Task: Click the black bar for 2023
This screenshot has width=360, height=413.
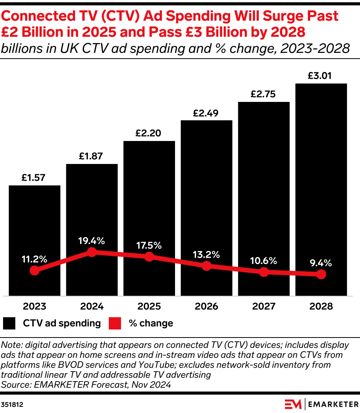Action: click(34, 222)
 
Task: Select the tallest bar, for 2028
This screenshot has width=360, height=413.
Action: click(321, 172)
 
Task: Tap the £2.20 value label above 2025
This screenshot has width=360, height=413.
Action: click(149, 133)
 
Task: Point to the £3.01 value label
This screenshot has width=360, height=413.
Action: click(321, 76)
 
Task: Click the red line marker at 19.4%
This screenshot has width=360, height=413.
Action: click(92, 252)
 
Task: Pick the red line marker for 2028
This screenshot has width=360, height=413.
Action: click(321, 274)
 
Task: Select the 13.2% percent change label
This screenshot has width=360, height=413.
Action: click(206, 254)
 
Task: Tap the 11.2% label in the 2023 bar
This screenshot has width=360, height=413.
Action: click(34, 259)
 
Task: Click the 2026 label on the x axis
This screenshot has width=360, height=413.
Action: click(206, 306)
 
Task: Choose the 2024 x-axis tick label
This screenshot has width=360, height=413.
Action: click(92, 306)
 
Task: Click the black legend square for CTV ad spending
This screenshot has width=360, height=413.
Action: click(9, 323)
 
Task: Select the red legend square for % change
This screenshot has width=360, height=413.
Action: click(115, 323)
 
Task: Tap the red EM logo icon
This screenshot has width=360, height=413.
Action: click(293, 404)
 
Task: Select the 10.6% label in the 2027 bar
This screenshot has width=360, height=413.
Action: click(263, 261)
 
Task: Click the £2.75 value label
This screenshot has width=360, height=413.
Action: click(263, 94)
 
